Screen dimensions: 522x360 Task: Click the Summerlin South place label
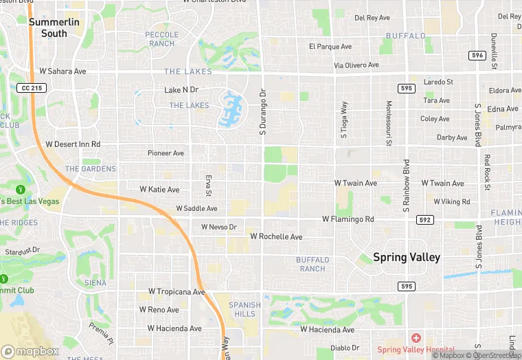(54, 27)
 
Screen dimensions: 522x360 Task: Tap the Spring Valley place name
(407, 257)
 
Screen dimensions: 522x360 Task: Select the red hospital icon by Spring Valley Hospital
(415, 339)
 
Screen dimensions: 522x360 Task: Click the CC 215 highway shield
(32, 88)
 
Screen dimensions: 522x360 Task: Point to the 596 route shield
(478, 55)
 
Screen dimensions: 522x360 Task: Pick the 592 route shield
(425, 220)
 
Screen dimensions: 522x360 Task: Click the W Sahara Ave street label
(63, 71)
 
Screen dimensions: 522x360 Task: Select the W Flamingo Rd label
(348, 219)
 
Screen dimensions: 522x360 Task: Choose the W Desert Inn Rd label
(73, 144)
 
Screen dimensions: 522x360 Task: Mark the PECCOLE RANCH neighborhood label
(162, 39)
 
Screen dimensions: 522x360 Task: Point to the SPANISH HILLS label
(245, 309)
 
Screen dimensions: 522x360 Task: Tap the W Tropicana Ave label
(171, 292)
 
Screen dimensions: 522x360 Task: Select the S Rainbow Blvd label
(406, 184)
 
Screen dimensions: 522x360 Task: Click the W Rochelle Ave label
(276, 236)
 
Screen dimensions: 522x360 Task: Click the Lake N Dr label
(181, 90)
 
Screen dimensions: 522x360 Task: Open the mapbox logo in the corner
(30, 350)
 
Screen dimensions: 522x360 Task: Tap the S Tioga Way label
(345, 120)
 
